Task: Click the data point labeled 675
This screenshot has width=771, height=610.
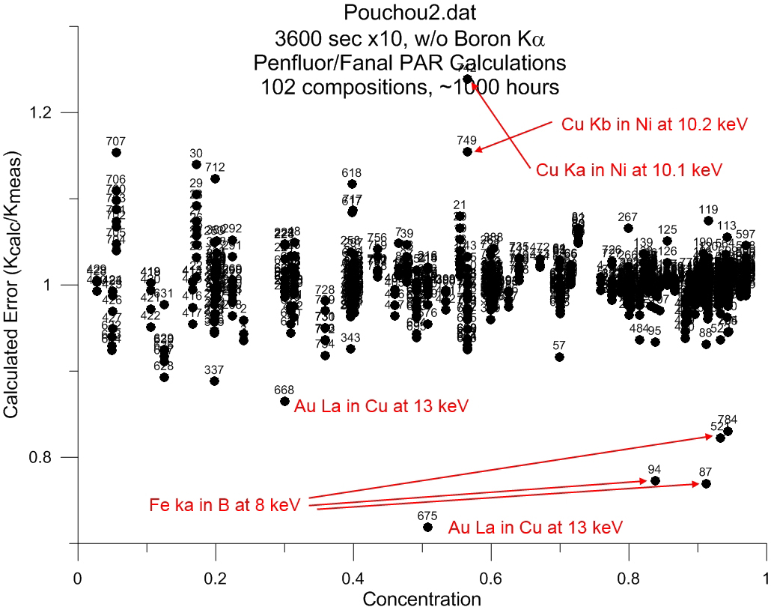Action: pyautogui.click(x=427, y=527)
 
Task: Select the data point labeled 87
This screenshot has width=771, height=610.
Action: pyautogui.click(x=705, y=483)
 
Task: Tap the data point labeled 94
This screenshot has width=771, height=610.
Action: pyautogui.click(x=655, y=480)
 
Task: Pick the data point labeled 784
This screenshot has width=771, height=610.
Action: pyautogui.click(x=728, y=430)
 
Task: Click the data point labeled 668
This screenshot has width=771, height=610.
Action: pyautogui.click(x=284, y=401)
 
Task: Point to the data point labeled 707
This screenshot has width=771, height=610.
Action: pyautogui.click(x=116, y=152)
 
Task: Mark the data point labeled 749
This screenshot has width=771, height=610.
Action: pyautogui.click(x=467, y=151)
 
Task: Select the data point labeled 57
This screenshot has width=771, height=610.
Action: pyautogui.click(x=559, y=357)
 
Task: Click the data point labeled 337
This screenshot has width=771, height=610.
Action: pyautogui.click(x=214, y=381)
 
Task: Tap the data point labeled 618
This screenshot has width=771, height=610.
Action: pyautogui.click(x=352, y=184)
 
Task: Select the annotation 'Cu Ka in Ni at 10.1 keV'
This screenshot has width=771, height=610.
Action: pyautogui.click(x=629, y=171)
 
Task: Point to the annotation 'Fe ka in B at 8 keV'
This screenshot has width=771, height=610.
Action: pyautogui.click(x=225, y=506)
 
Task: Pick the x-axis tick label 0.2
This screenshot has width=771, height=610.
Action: pyautogui.click(x=215, y=579)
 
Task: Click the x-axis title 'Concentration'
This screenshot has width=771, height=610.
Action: pyautogui.click(x=421, y=599)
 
